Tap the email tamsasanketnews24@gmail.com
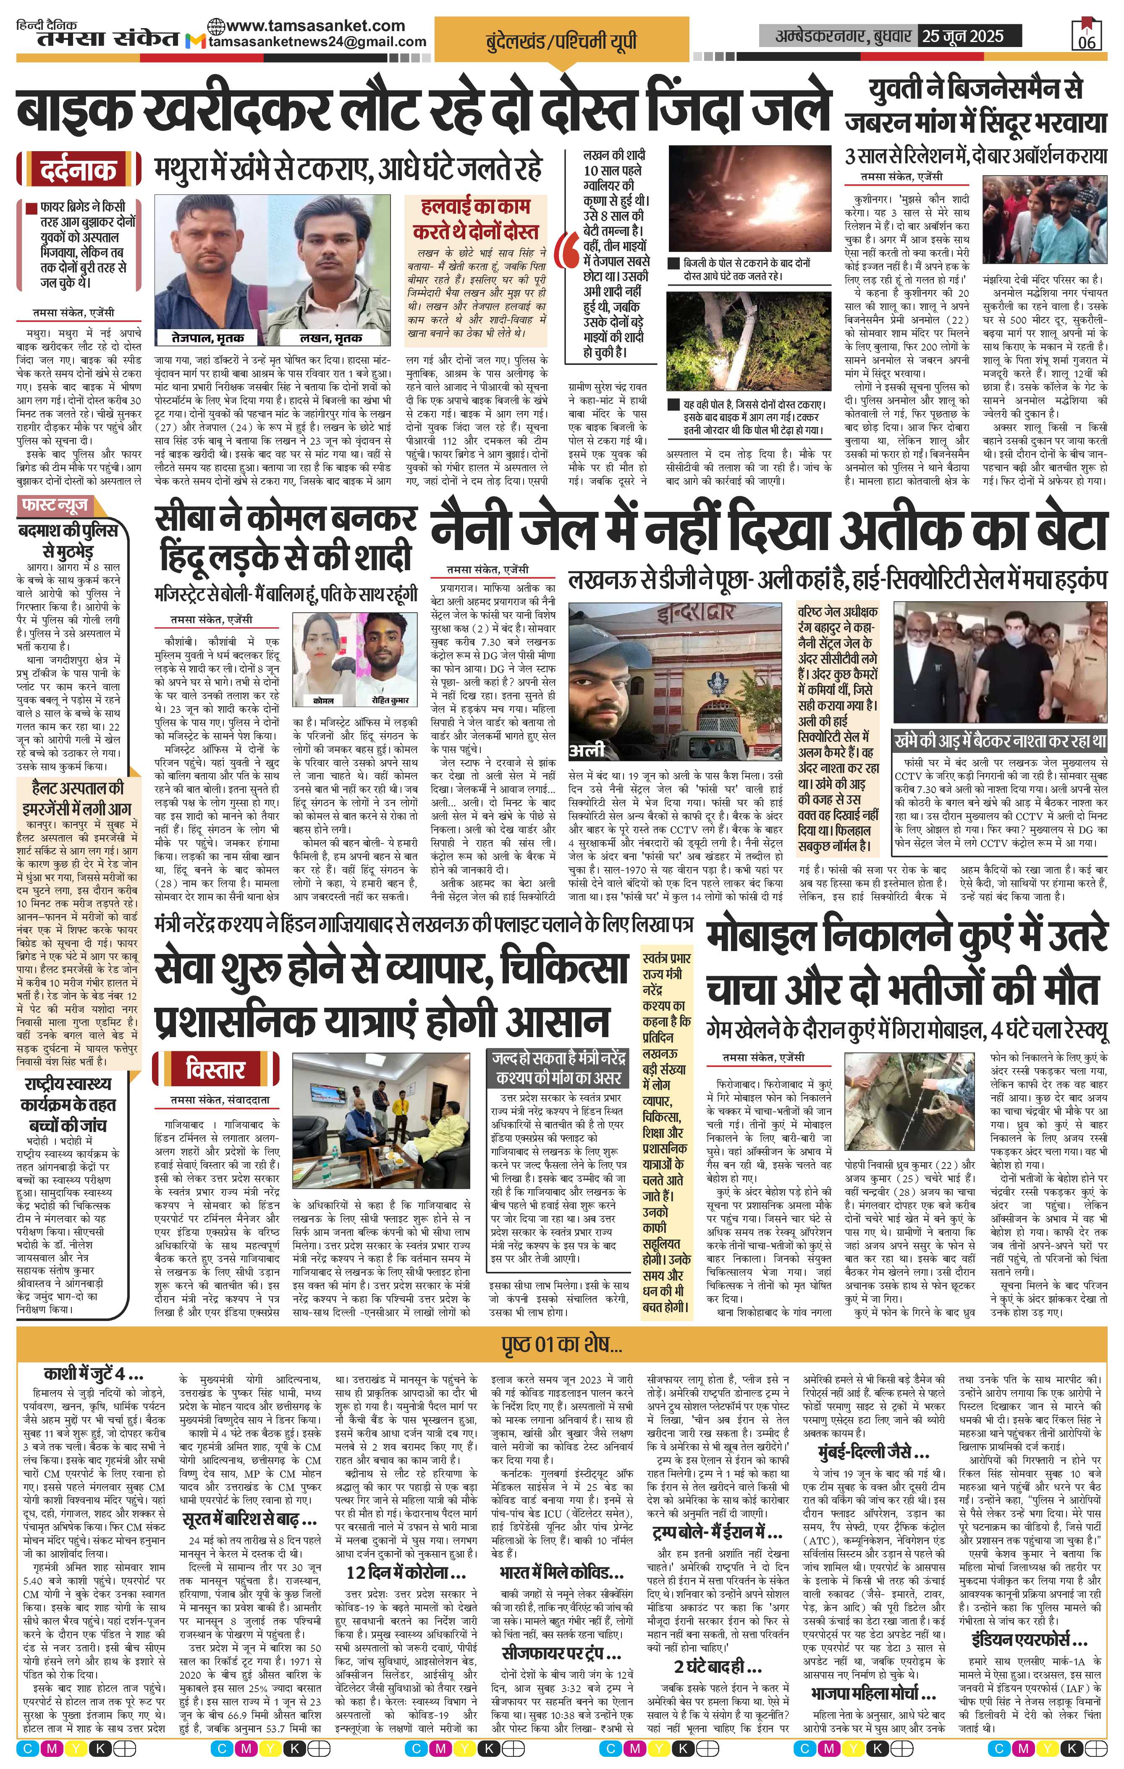pyautogui.click(x=317, y=42)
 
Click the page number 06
pyautogui.click(x=1087, y=42)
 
